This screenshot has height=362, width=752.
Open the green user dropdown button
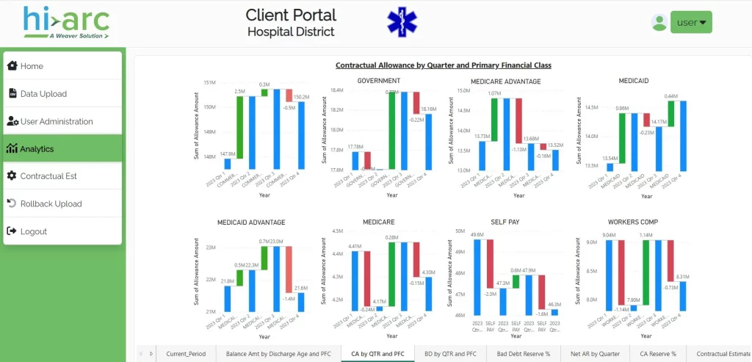(x=691, y=23)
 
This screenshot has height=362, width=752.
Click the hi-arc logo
(x=65, y=22)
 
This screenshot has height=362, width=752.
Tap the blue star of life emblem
(x=402, y=22)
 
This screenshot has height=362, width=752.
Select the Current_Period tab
(x=187, y=353)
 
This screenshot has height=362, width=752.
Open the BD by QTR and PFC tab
(x=450, y=353)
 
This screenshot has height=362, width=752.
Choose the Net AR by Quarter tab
(x=595, y=353)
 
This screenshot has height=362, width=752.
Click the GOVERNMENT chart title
(x=378, y=81)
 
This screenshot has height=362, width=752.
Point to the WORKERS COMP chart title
(x=632, y=222)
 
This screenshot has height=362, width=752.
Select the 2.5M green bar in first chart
(x=239, y=126)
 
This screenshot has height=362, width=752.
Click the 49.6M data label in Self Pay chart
(x=477, y=235)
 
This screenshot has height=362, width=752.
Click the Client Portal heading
(x=291, y=15)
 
